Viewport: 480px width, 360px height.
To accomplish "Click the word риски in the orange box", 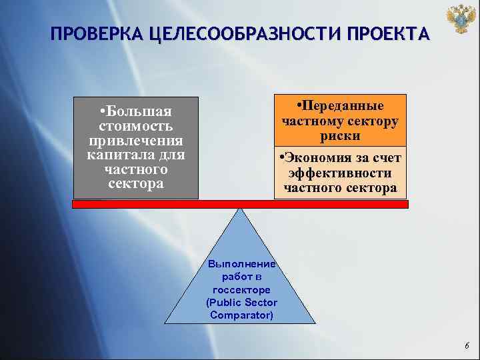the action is tap(340, 135).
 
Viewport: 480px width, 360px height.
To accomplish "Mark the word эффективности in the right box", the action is tap(340, 173).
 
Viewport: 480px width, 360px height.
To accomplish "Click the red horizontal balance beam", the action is tap(240, 205).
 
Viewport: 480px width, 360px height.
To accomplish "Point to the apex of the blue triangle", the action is tap(241, 211).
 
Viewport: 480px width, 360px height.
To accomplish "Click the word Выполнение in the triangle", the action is tap(241, 265).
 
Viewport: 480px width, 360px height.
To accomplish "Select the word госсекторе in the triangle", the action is tap(241, 290).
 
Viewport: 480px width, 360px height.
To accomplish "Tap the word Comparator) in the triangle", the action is tap(241, 315).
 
